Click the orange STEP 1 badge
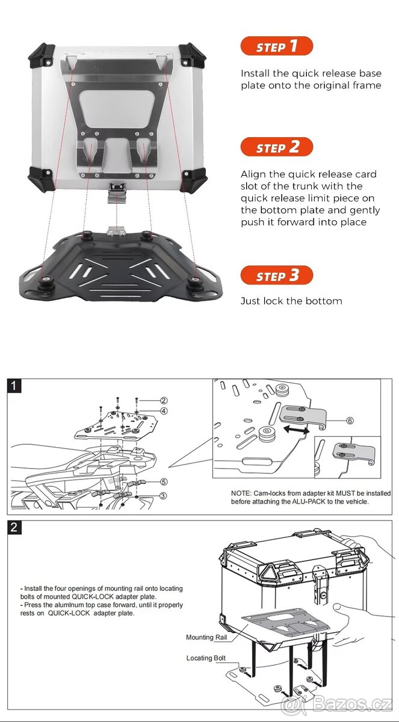[277, 46]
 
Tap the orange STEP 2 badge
[277, 147]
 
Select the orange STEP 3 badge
[277, 276]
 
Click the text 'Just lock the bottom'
[291, 301]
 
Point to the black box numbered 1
[14, 386]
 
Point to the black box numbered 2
[14, 528]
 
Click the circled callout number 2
[163, 401]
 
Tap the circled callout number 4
[163, 411]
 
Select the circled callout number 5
[164, 481]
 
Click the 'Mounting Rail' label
[208, 637]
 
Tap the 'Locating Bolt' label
[206, 658]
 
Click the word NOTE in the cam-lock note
[241, 493]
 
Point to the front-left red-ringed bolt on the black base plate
[45, 280]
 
